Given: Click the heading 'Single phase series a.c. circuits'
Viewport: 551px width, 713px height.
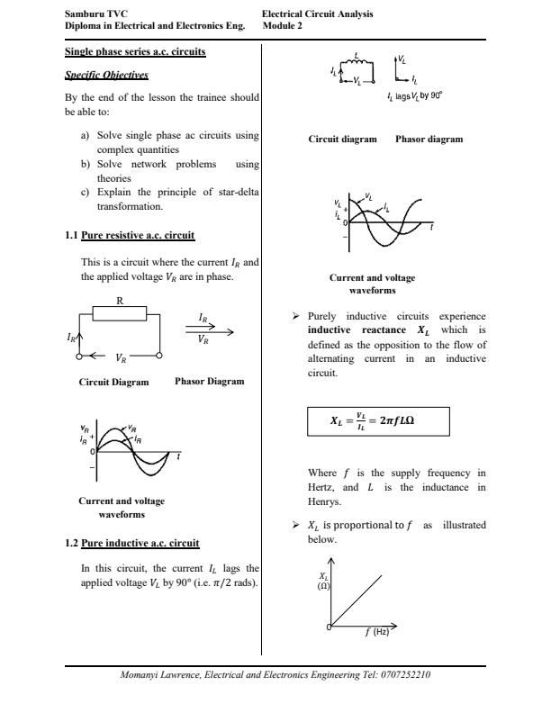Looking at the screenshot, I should pos(135,51).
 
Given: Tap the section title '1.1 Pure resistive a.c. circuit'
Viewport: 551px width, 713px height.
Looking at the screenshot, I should pos(130,236).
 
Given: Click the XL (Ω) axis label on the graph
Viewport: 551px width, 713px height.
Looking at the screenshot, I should pos(323,580).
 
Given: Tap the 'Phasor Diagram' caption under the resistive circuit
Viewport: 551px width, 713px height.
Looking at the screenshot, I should pos(209,382).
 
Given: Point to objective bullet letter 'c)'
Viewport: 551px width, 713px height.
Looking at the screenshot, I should pos(86,193).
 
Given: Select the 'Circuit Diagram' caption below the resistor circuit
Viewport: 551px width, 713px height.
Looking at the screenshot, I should pos(114,382).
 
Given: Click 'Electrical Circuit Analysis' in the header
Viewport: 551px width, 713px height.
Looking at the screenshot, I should pos(317,14).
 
